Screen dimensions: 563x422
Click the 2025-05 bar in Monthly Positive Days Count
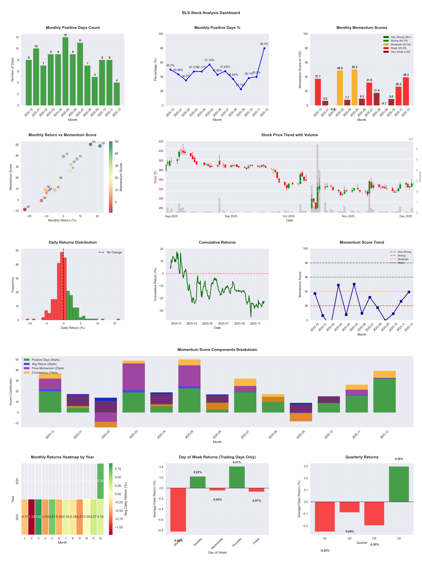tap(65, 71)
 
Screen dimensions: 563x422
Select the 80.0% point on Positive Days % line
tap(264, 48)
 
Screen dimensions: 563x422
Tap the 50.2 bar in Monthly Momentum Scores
tap(354, 87)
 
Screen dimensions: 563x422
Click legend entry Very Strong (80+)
tap(401, 37)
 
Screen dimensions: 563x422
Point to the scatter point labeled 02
tap(25, 209)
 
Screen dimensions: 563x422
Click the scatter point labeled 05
tap(90, 144)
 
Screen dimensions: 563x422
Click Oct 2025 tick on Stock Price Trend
tap(289, 216)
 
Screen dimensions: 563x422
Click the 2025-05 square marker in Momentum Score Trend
tap(354, 284)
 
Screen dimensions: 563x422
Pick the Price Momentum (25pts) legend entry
tap(48, 368)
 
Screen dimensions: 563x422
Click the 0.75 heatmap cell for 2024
tap(100, 481)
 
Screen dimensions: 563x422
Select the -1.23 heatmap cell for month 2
tap(32, 517)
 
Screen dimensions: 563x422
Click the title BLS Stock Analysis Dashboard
tap(211, 13)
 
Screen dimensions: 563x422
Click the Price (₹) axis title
tap(155, 177)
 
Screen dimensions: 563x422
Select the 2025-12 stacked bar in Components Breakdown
tap(384, 392)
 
